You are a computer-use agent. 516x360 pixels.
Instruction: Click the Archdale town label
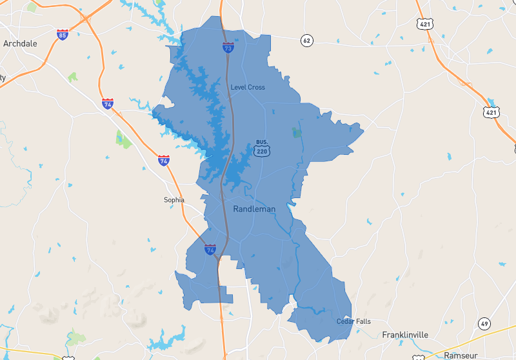(20, 44)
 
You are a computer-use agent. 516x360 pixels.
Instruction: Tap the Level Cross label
(248, 87)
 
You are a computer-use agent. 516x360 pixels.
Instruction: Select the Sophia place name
(174, 200)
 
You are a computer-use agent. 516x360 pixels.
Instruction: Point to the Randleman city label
(254, 209)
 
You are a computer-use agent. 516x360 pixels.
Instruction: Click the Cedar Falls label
(353, 321)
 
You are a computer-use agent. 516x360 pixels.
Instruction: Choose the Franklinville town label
(405, 335)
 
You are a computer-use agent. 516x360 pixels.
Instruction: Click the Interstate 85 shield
(62, 34)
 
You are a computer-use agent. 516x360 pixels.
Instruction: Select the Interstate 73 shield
(228, 47)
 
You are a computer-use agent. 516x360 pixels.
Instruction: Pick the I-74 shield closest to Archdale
(108, 103)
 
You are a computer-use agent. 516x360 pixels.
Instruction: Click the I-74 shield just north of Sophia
(164, 160)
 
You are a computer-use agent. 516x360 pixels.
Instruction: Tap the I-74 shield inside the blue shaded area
(210, 250)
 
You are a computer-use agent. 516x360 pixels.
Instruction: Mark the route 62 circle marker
(306, 41)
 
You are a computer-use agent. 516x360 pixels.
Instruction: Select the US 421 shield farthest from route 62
(491, 112)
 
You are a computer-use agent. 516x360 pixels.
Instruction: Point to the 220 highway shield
(262, 151)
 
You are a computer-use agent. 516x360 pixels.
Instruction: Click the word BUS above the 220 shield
(262, 142)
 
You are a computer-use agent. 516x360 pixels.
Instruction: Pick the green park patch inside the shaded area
(297, 133)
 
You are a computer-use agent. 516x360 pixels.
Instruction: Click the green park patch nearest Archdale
(73, 77)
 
